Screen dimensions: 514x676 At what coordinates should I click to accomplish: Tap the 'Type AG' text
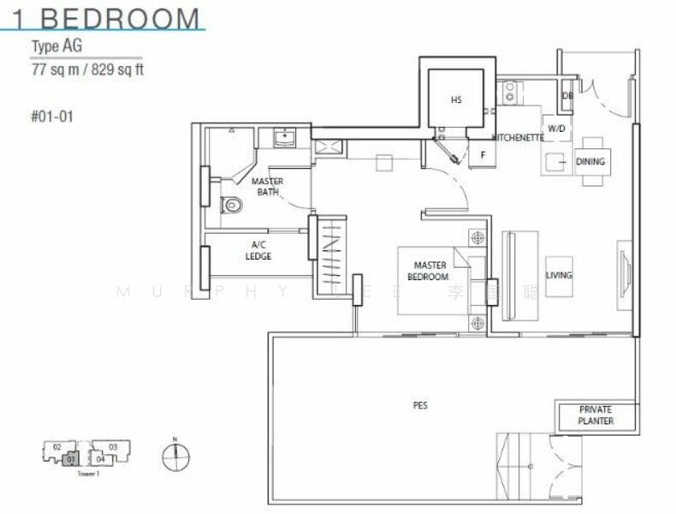pos(56,47)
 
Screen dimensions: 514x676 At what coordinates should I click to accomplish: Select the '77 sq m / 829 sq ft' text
pos(87,69)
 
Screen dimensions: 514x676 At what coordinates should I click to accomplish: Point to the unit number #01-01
pos(51,116)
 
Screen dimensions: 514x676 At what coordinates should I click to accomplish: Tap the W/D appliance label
pos(556,129)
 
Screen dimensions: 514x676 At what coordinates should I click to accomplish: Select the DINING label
pos(590,161)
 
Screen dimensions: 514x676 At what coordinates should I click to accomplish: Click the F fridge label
pos(483,155)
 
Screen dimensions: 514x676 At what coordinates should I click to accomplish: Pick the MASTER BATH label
pos(268,187)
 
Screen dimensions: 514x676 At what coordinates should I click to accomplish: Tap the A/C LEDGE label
pos(258,250)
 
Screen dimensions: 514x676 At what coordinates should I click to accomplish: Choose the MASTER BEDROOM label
pos(428,271)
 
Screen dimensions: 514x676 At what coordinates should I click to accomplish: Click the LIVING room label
pos(559,276)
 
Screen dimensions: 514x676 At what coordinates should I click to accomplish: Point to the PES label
pos(419,405)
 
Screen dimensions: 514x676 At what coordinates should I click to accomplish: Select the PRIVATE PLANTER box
pos(596,415)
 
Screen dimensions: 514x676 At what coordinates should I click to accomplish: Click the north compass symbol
pos(175,457)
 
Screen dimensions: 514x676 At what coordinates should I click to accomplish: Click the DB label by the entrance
pos(566,96)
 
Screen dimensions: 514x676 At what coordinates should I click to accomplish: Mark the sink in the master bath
pos(284,137)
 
